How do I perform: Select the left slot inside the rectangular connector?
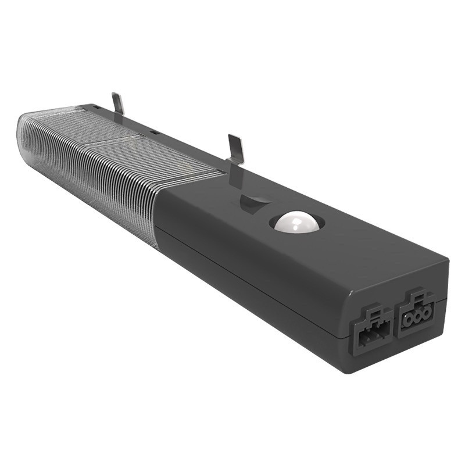(x=364, y=337)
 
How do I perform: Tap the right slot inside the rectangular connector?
(x=377, y=334)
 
